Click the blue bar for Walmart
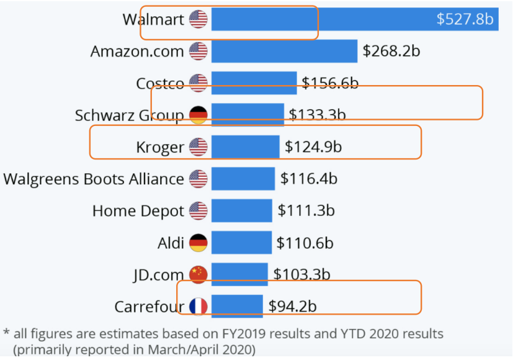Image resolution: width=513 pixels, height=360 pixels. point(323,19)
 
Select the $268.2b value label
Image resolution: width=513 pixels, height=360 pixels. point(391,51)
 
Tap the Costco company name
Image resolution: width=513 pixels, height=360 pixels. point(159,83)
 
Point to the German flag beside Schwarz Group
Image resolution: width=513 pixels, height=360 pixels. point(199,115)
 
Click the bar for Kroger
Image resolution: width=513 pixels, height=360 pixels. point(245,147)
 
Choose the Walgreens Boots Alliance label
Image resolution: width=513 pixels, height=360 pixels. point(93,179)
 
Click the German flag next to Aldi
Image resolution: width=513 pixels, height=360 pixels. point(199,243)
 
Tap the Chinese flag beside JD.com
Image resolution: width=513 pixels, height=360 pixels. point(199,274)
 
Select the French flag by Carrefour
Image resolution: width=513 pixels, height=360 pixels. point(199,307)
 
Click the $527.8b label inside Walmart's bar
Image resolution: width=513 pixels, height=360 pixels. point(465,19)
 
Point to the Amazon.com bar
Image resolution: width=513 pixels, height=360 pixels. point(284,51)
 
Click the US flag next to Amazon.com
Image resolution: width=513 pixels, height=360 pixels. point(199,51)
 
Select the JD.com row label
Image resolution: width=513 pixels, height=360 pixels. point(158,274)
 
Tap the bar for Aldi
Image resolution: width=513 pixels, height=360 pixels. point(241,243)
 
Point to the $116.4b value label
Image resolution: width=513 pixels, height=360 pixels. point(309,179)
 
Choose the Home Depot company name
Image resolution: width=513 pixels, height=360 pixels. point(138,211)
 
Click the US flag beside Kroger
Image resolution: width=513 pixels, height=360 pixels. point(199,147)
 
